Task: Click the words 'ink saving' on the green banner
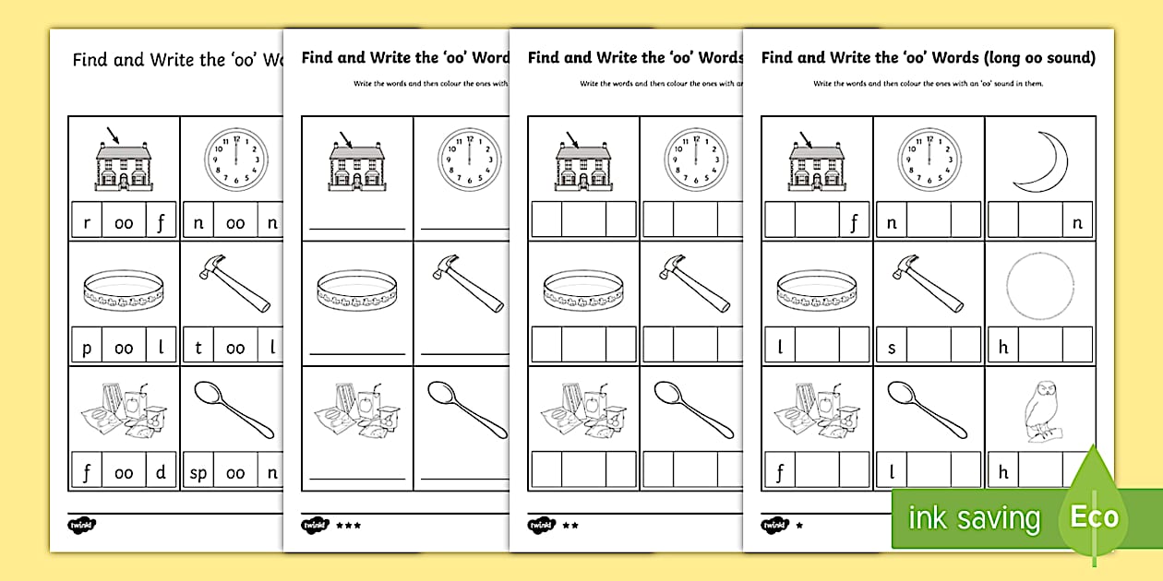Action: pyautogui.click(x=973, y=518)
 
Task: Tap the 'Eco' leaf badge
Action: pyautogui.click(x=1095, y=516)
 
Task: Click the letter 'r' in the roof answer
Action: pyautogui.click(x=86, y=221)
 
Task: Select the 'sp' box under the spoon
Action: pyautogui.click(x=199, y=472)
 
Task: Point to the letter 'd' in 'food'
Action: pyautogui.click(x=161, y=472)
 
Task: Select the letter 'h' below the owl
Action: pyautogui.click(x=1003, y=472)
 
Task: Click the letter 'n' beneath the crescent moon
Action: pyautogui.click(x=1077, y=221)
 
